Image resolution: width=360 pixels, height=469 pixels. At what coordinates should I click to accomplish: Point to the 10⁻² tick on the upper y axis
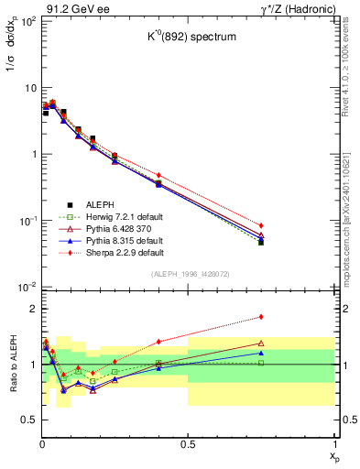point(26,287)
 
